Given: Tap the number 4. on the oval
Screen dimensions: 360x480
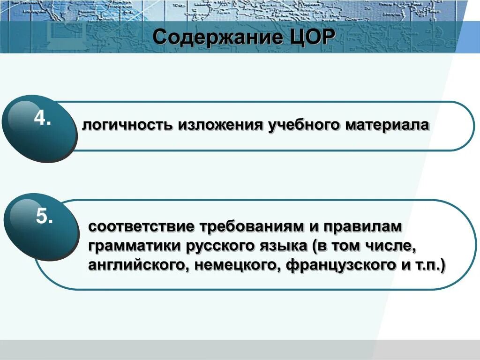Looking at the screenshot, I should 42,119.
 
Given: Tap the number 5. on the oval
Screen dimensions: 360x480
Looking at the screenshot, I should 45,217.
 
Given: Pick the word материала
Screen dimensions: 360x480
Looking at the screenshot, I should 387,125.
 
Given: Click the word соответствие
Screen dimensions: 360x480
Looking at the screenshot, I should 142,227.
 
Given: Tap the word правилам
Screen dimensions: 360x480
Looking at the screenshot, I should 361,227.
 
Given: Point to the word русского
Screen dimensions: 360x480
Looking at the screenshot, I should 217,246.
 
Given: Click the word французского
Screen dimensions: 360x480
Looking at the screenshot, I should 339,265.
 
